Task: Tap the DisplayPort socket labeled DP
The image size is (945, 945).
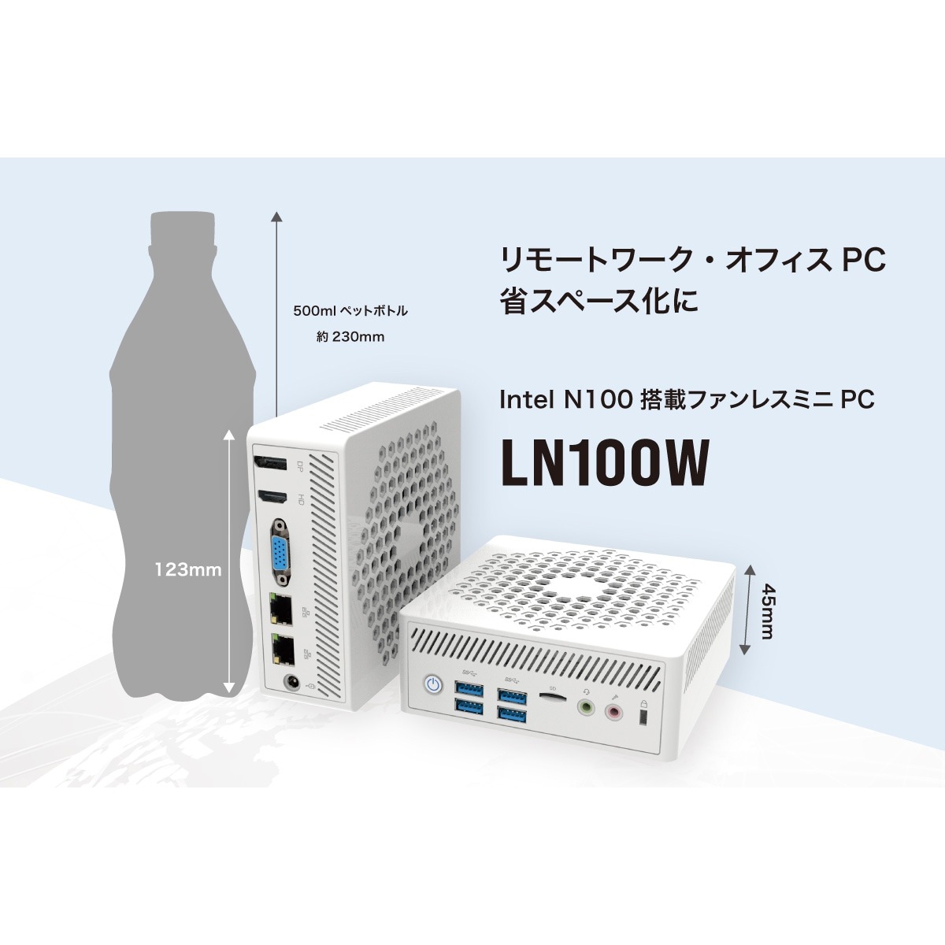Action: pyautogui.click(x=270, y=464)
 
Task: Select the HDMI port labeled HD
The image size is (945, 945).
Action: pyautogui.click(x=273, y=498)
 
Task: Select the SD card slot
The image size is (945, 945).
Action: pyautogui.click(x=553, y=696)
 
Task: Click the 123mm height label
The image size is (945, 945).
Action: pyautogui.click(x=188, y=570)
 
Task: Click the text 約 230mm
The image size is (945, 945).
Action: pyautogui.click(x=350, y=337)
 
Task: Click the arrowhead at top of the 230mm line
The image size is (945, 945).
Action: pyautogui.click(x=277, y=217)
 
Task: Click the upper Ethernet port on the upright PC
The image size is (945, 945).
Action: pyautogui.click(x=280, y=609)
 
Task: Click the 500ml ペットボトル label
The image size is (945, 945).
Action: pyautogui.click(x=350, y=311)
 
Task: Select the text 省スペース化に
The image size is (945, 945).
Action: pyautogui.click(x=598, y=300)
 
